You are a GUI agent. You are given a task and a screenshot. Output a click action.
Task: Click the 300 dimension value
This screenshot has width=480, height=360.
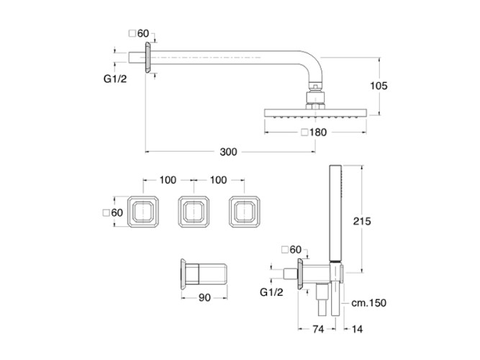228,151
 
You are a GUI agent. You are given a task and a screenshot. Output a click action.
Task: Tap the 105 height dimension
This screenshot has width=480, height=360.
379,86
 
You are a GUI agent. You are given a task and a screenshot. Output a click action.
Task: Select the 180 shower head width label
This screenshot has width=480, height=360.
320,132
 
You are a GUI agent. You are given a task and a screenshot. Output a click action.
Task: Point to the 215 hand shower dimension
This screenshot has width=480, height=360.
361,222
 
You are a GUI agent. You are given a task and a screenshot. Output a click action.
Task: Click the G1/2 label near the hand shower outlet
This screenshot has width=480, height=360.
273,293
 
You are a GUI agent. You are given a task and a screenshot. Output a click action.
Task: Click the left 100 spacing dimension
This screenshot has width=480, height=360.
168,179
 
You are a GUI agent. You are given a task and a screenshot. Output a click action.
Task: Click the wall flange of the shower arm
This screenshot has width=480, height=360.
147,58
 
